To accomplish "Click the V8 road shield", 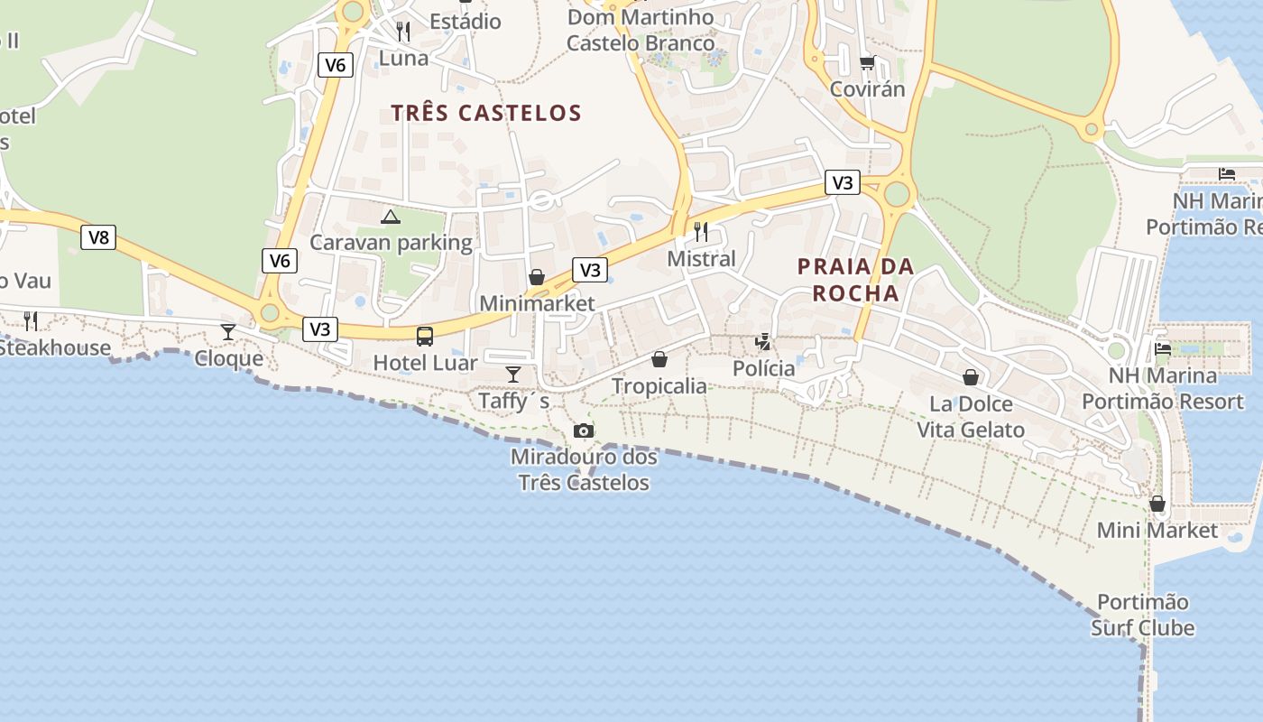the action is (98, 237).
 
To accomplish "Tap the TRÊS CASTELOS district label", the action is (486, 113).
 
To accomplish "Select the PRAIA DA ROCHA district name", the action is (855, 280).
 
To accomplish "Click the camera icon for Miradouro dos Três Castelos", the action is (584, 430).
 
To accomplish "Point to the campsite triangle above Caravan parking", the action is (390, 217).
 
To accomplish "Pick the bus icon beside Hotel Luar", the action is (424, 337).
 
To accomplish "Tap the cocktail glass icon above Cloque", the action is (228, 332).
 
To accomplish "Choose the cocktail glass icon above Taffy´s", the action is (513, 374).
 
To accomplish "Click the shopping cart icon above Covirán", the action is (867, 62).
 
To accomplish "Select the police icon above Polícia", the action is (763, 341).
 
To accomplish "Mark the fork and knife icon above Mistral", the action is (701, 232).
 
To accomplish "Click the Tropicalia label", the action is (659, 386).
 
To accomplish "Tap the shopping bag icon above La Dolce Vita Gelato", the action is (971, 376).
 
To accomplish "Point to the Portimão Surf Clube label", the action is (1142, 615).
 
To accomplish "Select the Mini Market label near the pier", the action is (1157, 531).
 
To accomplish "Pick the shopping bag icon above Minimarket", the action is (537, 277).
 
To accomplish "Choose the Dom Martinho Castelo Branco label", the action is (641, 30).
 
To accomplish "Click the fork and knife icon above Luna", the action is (403, 32).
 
